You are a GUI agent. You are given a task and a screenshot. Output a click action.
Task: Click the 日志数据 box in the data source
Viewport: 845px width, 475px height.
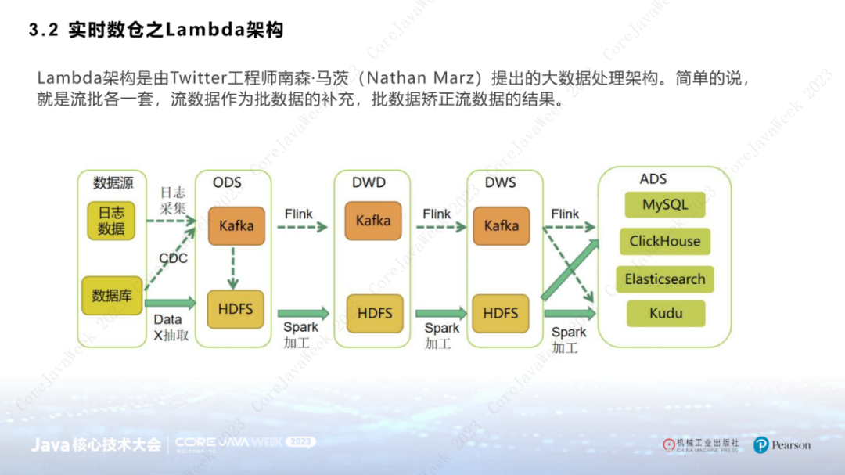click(111, 220)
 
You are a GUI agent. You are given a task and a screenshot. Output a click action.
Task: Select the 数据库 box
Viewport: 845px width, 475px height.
click(111, 295)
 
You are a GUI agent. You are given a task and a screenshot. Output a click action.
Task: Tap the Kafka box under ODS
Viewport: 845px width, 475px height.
click(236, 225)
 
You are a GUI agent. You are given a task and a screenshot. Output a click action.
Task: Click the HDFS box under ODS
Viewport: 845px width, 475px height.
click(236, 309)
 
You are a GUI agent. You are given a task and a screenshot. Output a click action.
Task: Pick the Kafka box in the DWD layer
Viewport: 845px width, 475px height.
click(372, 221)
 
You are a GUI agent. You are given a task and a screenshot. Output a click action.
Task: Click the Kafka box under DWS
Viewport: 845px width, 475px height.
click(501, 225)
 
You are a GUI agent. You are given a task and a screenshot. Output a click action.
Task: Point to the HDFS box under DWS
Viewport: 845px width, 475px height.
click(501, 313)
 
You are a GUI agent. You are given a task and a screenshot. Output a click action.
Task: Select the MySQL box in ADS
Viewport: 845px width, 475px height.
click(665, 205)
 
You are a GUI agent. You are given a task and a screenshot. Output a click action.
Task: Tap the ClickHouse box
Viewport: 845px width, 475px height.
click(665, 241)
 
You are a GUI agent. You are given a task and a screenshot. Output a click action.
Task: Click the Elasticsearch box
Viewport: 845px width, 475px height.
click(665, 279)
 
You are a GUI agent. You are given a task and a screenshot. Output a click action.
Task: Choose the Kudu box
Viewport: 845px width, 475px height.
click(666, 314)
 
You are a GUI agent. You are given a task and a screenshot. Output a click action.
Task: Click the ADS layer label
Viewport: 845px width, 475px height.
click(653, 179)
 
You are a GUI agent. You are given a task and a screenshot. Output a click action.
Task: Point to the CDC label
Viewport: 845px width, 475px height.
click(173, 258)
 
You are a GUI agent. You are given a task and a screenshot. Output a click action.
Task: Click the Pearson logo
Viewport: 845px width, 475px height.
click(782, 445)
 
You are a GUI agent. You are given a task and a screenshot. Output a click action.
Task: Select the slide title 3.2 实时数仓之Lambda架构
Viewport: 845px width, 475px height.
click(156, 31)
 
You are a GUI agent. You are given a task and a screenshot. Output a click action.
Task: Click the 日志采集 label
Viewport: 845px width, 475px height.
click(173, 200)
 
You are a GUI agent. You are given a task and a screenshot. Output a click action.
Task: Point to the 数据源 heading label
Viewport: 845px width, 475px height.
click(113, 183)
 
